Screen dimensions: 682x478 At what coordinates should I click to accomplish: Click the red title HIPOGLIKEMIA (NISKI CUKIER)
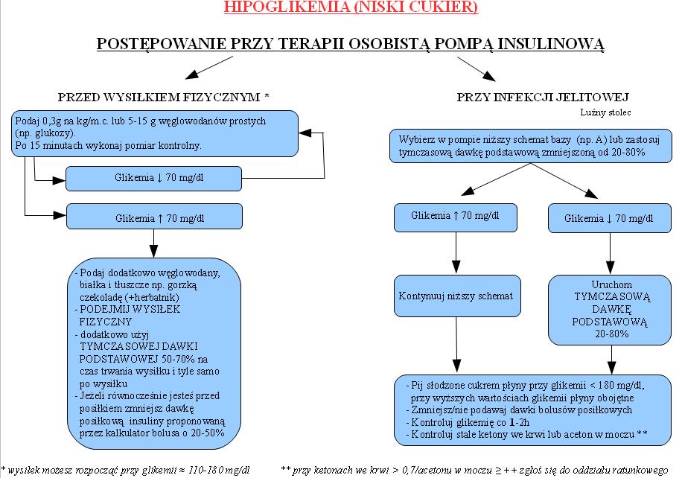(x=351, y=7)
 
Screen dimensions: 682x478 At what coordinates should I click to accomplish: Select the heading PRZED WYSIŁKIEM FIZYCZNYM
(x=159, y=97)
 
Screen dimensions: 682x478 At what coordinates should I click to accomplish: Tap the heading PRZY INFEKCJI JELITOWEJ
(x=543, y=97)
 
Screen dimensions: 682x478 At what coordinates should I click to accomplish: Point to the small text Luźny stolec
(x=605, y=112)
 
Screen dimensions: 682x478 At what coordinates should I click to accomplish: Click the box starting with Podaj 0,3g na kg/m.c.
(x=155, y=133)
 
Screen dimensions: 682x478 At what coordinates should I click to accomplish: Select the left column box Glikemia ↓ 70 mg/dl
(x=153, y=179)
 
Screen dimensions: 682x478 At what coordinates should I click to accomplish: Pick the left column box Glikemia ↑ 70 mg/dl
(x=154, y=217)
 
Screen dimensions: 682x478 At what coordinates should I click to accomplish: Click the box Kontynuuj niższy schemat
(x=457, y=296)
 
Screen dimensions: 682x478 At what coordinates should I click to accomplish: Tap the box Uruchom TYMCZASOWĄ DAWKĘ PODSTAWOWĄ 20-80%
(x=610, y=310)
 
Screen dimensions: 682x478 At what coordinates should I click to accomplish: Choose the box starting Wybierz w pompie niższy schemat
(x=531, y=146)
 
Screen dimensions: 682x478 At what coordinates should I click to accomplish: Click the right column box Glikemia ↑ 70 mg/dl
(x=456, y=217)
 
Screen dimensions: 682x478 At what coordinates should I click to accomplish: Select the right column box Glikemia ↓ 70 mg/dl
(x=610, y=218)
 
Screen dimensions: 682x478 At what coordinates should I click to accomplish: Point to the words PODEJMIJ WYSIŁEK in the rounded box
(x=130, y=310)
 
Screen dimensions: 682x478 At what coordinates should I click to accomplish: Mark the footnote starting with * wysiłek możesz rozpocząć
(x=126, y=470)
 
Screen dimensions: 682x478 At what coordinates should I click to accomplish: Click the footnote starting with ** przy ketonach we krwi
(x=474, y=470)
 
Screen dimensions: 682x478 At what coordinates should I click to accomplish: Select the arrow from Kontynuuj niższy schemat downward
(x=456, y=345)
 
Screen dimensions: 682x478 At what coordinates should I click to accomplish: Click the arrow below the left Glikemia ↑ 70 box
(x=153, y=243)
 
